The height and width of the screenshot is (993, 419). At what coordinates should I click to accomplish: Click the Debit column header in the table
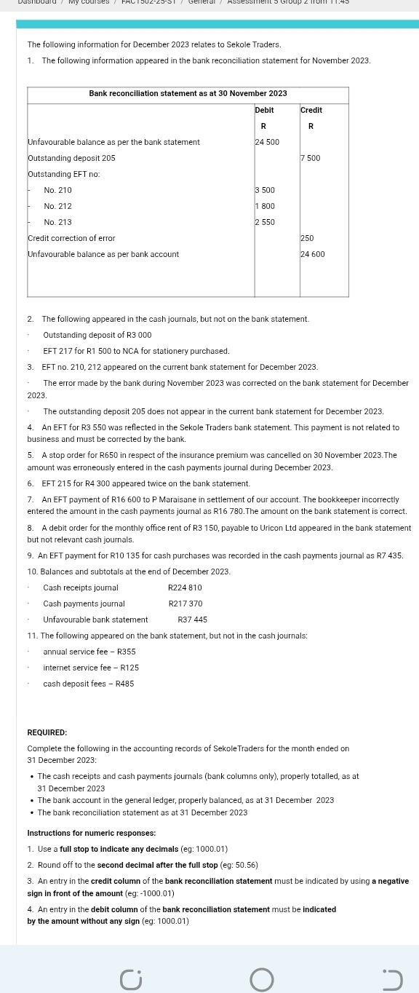264,110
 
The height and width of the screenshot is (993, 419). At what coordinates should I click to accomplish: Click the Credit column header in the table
311,110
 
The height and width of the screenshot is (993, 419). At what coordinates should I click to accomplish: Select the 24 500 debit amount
267,142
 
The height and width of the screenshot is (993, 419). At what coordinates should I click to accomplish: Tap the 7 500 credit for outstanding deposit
311,158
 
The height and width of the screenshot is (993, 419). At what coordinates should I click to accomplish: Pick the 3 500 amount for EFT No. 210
265,190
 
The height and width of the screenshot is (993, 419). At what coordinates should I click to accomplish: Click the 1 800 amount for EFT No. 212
265,206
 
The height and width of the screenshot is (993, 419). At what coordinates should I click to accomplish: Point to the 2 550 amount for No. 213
265,222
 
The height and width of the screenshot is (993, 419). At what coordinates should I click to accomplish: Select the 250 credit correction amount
308,238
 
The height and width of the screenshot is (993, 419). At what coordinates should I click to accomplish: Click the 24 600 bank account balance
313,254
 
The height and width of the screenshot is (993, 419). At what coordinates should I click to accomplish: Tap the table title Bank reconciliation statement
188,94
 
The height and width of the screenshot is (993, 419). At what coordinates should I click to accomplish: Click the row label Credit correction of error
71,238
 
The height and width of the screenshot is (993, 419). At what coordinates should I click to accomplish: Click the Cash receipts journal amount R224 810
185,588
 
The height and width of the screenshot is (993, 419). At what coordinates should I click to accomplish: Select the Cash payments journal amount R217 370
185,604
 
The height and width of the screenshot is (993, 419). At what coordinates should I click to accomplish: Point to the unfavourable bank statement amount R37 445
192,620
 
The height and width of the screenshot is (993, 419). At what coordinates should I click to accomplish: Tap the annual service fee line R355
89,652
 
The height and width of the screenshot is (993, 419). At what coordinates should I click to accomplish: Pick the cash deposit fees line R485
89,684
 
